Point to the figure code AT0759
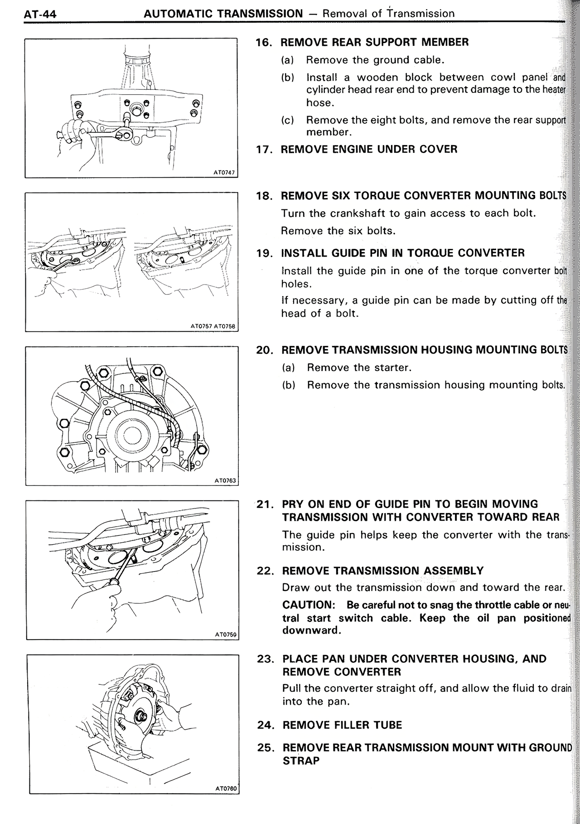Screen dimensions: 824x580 [226, 635]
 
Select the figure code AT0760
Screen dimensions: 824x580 [226, 789]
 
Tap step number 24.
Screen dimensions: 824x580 [266, 725]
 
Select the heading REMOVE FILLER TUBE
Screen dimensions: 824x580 [342, 725]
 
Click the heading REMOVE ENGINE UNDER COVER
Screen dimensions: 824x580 [369, 150]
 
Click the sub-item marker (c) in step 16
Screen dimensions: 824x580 [287, 121]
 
